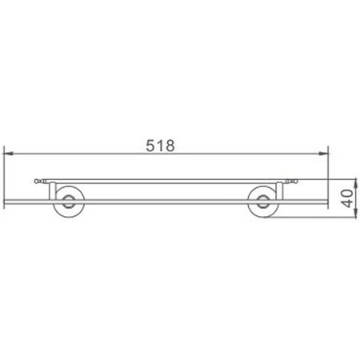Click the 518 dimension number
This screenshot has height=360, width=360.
point(161,146)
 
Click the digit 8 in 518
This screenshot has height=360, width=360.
point(170,146)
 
